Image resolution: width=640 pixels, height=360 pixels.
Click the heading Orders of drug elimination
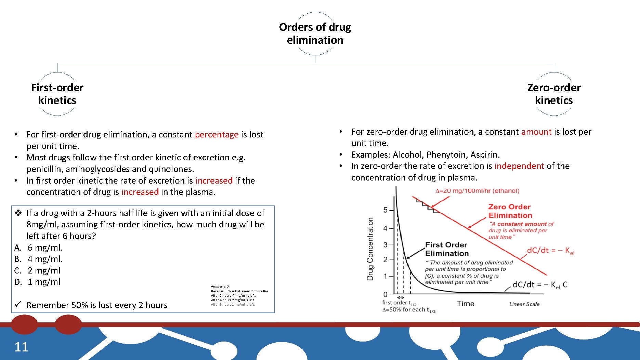(x=315, y=34)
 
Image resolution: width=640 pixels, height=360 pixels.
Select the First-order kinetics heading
(x=57, y=94)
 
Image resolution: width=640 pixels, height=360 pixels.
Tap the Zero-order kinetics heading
(x=553, y=94)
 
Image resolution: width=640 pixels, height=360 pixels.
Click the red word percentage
(x=217, y=135)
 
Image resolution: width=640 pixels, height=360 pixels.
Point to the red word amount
(x=536, y=132)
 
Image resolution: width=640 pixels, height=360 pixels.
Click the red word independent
(x=519, y=166)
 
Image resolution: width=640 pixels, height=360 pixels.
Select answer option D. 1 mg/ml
(x=38, y=282)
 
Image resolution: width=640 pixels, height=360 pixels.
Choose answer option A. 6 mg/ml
(x=39, y=248)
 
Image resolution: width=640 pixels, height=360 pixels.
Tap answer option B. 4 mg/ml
(x=39, y=259)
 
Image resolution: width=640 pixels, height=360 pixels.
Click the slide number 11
(x=21, y=347)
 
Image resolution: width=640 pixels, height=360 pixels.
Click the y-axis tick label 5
(x=386, y=210)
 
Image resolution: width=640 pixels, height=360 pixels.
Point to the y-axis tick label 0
(x=386, y=294)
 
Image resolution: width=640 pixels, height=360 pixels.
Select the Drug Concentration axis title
(x=370, y=249)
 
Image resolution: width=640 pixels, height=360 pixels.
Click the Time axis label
(x=466, y=304)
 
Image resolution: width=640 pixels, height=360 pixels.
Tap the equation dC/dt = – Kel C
(x=540, y=285)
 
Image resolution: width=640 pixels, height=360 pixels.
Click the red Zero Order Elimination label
(x=510, y=211)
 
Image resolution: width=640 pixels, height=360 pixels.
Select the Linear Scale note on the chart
(x=524, y=304)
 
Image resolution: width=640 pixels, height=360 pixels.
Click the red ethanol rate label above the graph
(x=477, y=191)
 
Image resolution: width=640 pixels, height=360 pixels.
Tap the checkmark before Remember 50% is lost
(x=18, y=304)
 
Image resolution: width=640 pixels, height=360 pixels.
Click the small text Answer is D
(x=220, y=286)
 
